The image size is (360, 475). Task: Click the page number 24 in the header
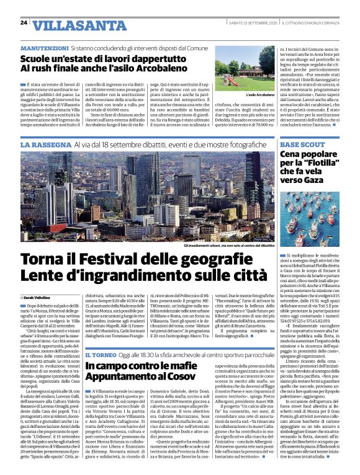[x=24, y=23]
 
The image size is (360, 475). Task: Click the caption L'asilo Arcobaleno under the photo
[x=260, y=95]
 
